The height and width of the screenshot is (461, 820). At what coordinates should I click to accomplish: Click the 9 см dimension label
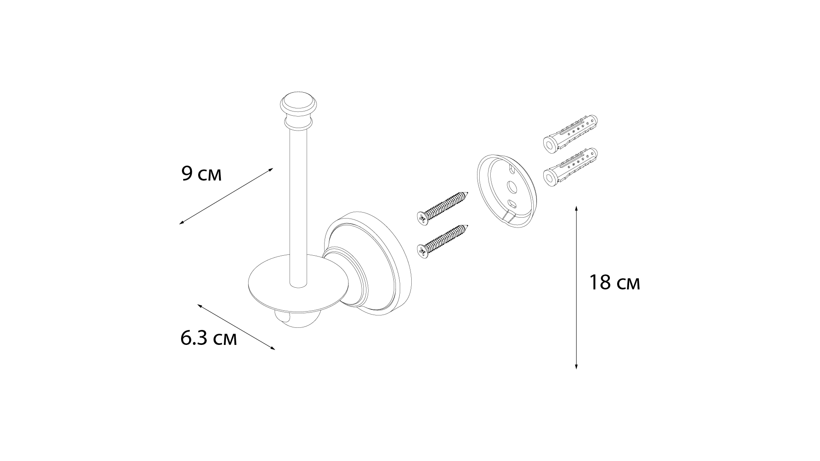pos(202,174)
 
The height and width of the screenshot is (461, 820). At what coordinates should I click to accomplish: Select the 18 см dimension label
pos(615,283)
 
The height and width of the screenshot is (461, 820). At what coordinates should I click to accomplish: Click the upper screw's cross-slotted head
pos(422,218)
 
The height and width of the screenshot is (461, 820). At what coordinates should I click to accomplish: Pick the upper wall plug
pos(570,133)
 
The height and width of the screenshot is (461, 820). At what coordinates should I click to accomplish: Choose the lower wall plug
pos(570,167)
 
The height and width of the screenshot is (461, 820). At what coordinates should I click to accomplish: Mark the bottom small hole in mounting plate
pos(511,202)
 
